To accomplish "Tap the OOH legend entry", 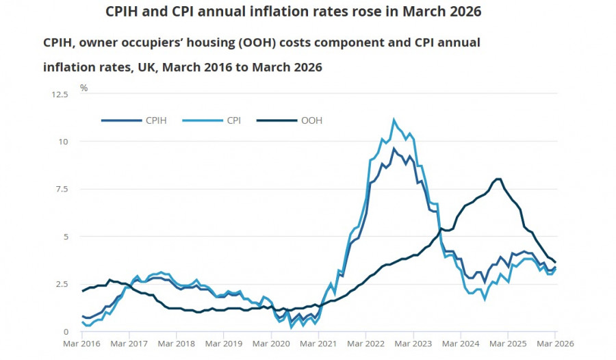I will point(311,120).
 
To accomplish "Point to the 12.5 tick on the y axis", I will point(60,94).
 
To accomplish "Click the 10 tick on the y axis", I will point(64,142).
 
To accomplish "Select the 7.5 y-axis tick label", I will point(62,189).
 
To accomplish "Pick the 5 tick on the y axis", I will point(66,237).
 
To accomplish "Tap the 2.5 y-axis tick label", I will point(62,284).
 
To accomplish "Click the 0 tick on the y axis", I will point(66,332).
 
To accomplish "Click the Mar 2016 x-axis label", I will point(82,344).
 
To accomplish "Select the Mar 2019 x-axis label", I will point(224,344).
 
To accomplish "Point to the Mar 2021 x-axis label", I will point(319,344).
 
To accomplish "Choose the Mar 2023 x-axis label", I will point(413,344).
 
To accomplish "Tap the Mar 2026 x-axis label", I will point(555,344).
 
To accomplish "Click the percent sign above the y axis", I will point(84,88).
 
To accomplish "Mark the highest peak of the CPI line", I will point(394,120).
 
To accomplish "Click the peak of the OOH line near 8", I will point(498,179).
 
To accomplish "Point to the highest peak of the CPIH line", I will point(394,149).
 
